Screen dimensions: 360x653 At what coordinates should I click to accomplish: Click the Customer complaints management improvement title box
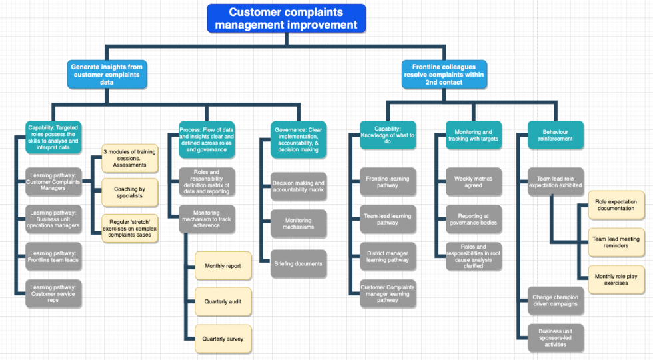286,19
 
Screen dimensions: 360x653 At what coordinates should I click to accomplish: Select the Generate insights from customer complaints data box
107,74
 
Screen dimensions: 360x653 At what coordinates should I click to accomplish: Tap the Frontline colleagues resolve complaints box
444,74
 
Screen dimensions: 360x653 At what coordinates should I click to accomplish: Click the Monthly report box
223,266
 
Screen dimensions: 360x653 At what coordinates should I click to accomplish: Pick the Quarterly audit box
223,302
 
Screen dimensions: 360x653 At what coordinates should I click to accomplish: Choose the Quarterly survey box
223,339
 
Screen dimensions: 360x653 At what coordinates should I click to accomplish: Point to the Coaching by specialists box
129,192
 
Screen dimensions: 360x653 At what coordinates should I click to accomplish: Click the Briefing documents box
299,264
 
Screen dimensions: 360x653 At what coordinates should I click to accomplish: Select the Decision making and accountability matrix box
299,187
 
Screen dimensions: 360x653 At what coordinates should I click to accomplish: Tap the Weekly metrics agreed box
473,182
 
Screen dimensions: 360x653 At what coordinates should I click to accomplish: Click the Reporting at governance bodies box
473,219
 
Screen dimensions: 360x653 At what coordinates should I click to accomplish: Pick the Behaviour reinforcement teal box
555,135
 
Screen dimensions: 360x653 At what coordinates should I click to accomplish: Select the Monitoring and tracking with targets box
473,135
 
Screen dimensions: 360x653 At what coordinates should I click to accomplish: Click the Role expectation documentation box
616,205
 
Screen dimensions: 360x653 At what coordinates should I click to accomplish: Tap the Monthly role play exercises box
616,279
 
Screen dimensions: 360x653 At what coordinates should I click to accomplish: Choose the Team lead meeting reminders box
616,242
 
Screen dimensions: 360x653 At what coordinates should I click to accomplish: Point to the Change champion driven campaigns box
556,301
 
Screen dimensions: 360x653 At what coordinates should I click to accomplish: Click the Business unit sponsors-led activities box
556,338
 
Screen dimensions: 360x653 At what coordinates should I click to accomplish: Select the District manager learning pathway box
388,257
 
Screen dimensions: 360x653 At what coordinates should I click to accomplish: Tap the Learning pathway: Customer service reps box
53,294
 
